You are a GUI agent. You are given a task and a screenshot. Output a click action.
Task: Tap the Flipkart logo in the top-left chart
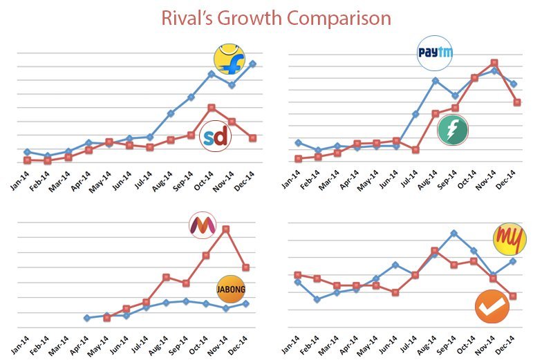228,59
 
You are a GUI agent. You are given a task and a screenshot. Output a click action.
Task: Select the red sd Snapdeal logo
215,138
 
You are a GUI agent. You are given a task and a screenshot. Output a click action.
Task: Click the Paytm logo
433,54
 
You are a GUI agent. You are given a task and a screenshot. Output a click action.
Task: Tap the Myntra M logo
203,225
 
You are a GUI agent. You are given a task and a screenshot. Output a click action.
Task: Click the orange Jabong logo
230,289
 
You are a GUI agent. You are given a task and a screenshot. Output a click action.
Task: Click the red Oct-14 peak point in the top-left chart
212,108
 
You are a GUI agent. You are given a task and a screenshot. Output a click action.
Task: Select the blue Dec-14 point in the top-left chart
253,64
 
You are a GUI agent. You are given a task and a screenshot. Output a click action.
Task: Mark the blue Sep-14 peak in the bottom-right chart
453,233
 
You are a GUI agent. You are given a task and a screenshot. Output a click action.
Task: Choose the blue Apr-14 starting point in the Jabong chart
86,318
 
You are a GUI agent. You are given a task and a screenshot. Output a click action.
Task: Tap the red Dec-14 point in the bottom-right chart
512,296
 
